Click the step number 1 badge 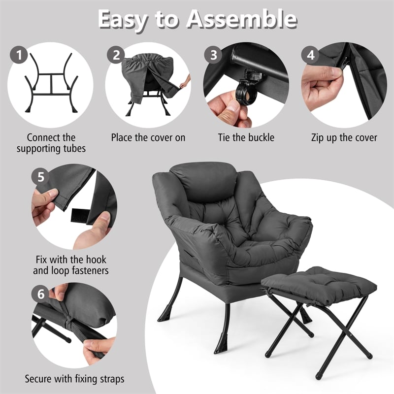tap(19, 55)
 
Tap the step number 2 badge tap(117, 55)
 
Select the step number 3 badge tap(213, 55)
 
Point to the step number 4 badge tap(310, 55)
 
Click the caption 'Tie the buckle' tap(246, 137)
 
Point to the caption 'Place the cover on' tap(148, 137)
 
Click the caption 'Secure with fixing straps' tap(75, 379)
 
